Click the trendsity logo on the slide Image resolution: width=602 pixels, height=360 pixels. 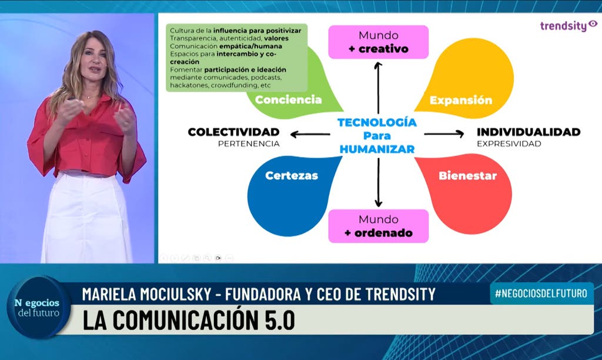click(x=568, y=26)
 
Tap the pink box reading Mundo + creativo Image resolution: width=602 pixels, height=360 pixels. click(x=378, y=42)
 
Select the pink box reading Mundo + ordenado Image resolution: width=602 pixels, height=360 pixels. click(x=378, y=226)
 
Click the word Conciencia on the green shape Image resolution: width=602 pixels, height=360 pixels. click(x=288, y=99)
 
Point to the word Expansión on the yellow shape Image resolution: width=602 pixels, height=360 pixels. click(x=461, y=100)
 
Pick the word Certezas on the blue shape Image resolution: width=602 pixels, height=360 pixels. click(x=292, y=175)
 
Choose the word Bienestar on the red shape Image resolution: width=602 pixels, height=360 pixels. click(x=467, y=175)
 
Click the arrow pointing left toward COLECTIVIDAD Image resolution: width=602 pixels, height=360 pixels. click(x=310, y=135)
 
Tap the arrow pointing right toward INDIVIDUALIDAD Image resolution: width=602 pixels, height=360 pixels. click(x=444, y=134)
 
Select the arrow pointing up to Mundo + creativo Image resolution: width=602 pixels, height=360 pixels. click(x=378, y=88)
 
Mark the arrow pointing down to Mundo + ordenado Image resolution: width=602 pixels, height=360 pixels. click(x=378, y=182)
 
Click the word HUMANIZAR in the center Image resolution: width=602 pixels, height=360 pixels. click(x=377, y=149)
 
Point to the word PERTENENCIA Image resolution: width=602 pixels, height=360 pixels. click(x=249, y=144)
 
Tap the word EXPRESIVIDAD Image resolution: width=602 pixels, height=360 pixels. click(x=509, y=144)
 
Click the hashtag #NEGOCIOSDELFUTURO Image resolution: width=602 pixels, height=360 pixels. click(x=541, y=294)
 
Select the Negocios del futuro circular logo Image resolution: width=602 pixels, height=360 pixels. click(x=39, y=308)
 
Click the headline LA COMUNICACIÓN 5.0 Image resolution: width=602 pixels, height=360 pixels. click(x=189, y=320)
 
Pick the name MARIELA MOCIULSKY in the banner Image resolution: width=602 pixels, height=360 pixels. click(x=146, y=294)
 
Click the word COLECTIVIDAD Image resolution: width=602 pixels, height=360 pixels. click(x=233, y=132)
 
